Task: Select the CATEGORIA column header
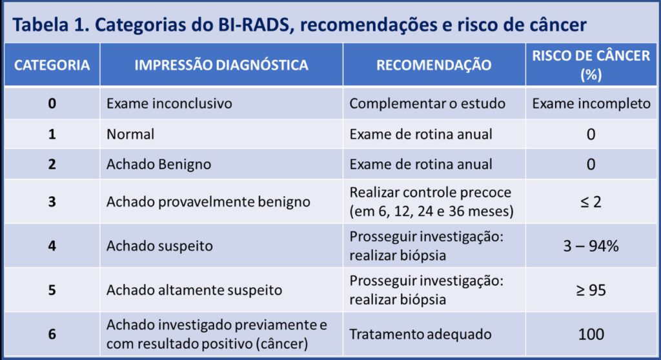(52, 65)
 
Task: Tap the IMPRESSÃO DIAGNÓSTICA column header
(221, 65)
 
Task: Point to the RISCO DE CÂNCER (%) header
(591, 65)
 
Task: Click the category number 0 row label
(52, 103)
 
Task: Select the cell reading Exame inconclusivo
(168, 103)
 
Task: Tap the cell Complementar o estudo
(427, 103)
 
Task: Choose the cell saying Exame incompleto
(591, 103)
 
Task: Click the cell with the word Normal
(130, 134)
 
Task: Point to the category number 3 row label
(52, 201)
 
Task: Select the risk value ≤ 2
(591, 201)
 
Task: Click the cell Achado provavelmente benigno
(208, 201)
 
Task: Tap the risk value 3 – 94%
(591, 246)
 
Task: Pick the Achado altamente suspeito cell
(194, 290)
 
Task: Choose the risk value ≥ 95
(591, 290)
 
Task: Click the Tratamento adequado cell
(420, 334)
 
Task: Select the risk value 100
(591, 334)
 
